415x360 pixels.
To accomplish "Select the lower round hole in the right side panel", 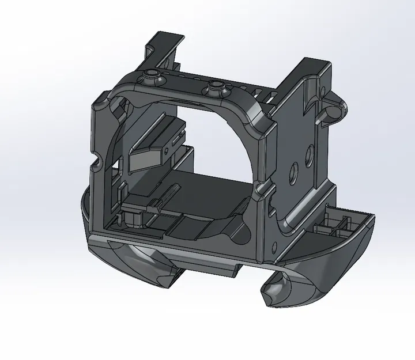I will (x=295, y=169).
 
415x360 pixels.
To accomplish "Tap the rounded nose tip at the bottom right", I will (x=271, y=293).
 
